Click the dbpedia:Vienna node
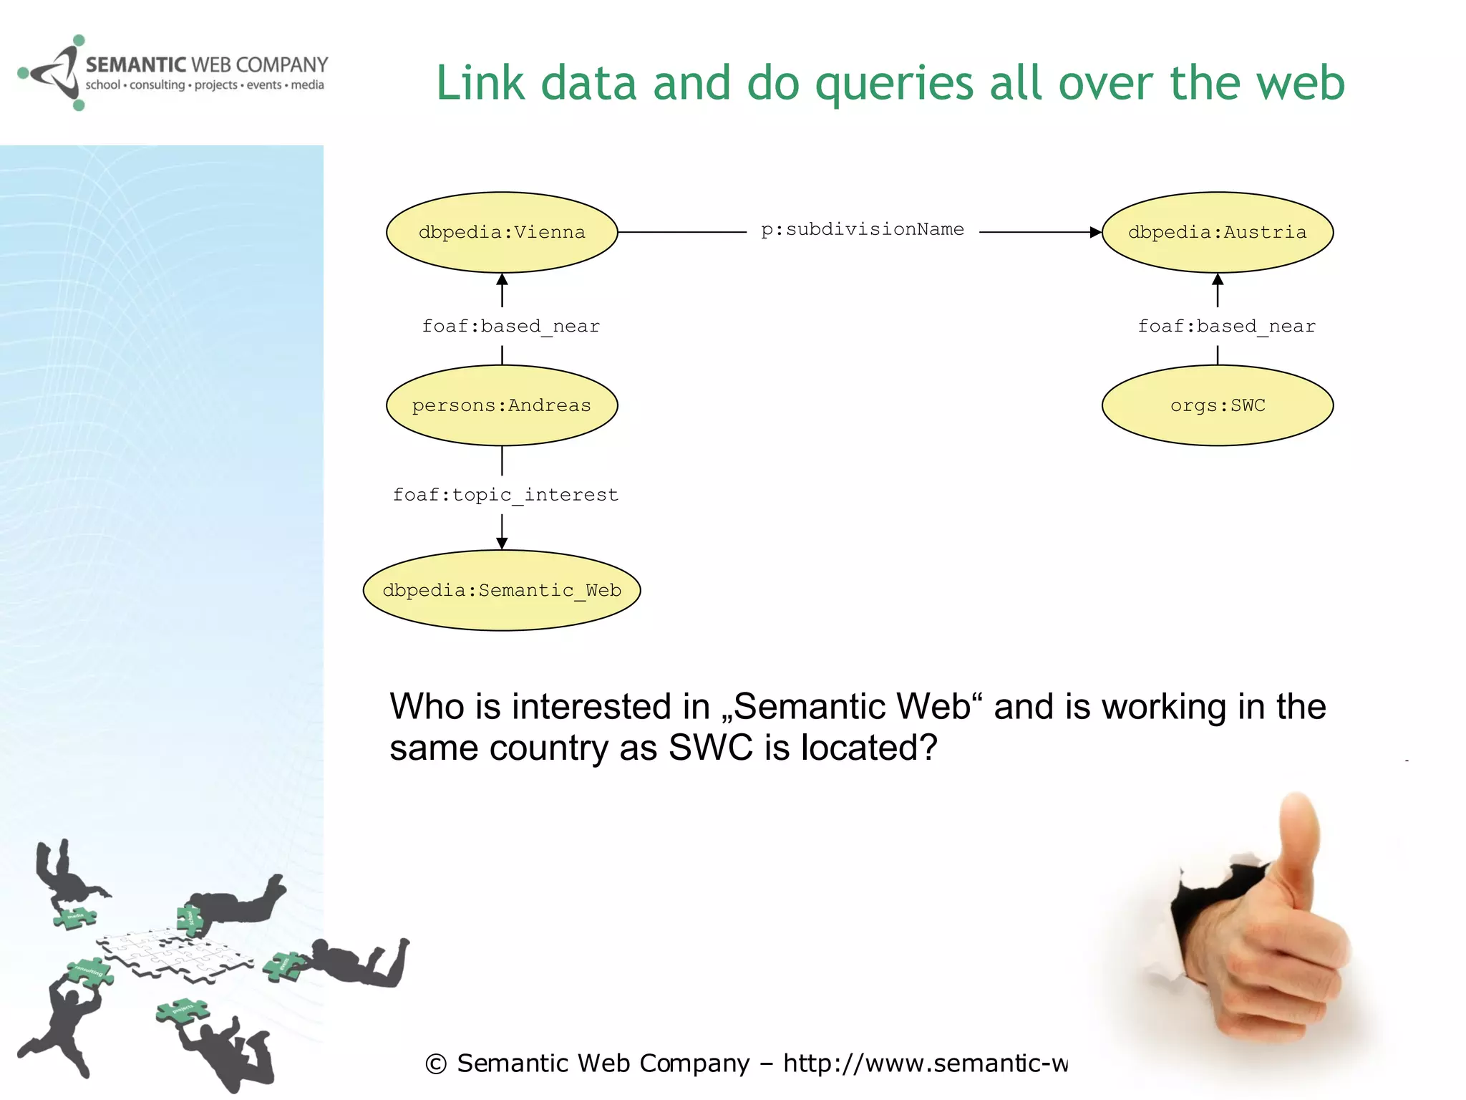502,232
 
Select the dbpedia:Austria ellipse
1217,232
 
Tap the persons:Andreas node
502,405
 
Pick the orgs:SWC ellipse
1217,405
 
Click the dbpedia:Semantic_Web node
502,590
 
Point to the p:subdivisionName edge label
862,230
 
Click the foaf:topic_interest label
505,495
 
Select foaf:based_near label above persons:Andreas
510,327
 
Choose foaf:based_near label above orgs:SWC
1226,327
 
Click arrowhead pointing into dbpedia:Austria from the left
1095,232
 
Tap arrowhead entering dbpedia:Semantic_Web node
502,544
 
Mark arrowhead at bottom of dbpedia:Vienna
502,279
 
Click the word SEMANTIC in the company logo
135,65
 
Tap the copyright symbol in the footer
435,1064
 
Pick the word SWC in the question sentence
710,748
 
